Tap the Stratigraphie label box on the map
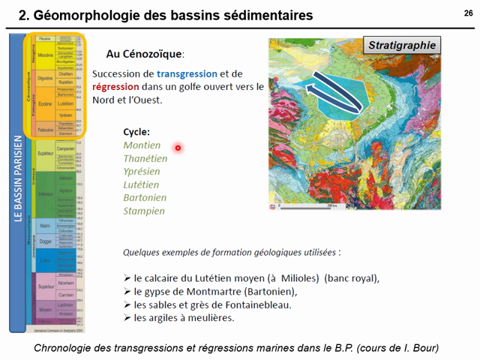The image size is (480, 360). pos(402,45)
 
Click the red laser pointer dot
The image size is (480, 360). pos(178,148)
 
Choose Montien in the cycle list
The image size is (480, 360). pos(142,145)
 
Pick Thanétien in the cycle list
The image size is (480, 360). pos(145,158)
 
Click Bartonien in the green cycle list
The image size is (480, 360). pos(145,197)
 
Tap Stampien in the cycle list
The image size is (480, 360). pos(144,211)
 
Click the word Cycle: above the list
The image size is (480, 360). pos(136,131)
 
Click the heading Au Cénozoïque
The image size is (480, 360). pos(145,54)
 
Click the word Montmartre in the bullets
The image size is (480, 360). pos(218,292)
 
